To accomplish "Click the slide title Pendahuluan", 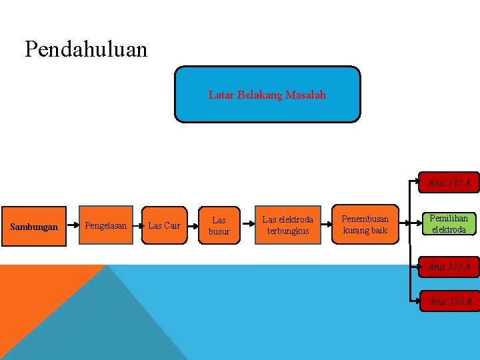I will pos(86,49).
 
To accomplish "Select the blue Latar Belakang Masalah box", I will pos(267,94).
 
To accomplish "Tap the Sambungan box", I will pos(34,227).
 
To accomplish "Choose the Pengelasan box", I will pos(105,226).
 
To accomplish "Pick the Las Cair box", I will pos(164,226).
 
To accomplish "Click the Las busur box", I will pos(219,225).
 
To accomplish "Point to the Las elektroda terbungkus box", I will pos(287,225).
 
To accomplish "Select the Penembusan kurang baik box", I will pos(365,225).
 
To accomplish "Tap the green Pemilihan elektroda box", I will pos(449,224).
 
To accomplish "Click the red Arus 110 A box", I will pos(449,183).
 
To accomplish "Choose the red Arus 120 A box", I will pos(449,267).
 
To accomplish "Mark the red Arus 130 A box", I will pos(449,302).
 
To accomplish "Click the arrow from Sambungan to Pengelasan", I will pos(73,226).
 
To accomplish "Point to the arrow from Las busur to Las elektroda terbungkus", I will pos(247,226).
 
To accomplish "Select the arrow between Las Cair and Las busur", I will pos(192,226).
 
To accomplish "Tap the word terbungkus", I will pos(288,231).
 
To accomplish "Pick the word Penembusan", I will pos(365,219).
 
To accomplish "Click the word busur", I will pos(219,231).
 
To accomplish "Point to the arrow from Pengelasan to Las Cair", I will pos(137,226).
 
